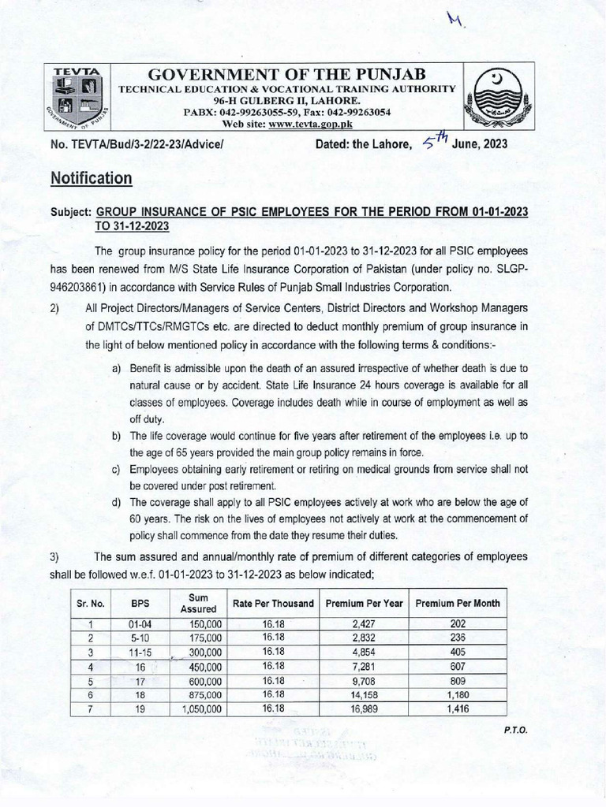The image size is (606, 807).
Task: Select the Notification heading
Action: [x=91, y=179]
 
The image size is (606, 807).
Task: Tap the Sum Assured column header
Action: [x=193, y=604]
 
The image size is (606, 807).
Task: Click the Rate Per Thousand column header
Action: [x=273, y=604]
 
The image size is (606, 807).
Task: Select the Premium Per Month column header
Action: [x=457, y=604]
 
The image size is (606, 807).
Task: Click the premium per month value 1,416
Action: [x=457, y=709]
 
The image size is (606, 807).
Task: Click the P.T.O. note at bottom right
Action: [x=515, y=729]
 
